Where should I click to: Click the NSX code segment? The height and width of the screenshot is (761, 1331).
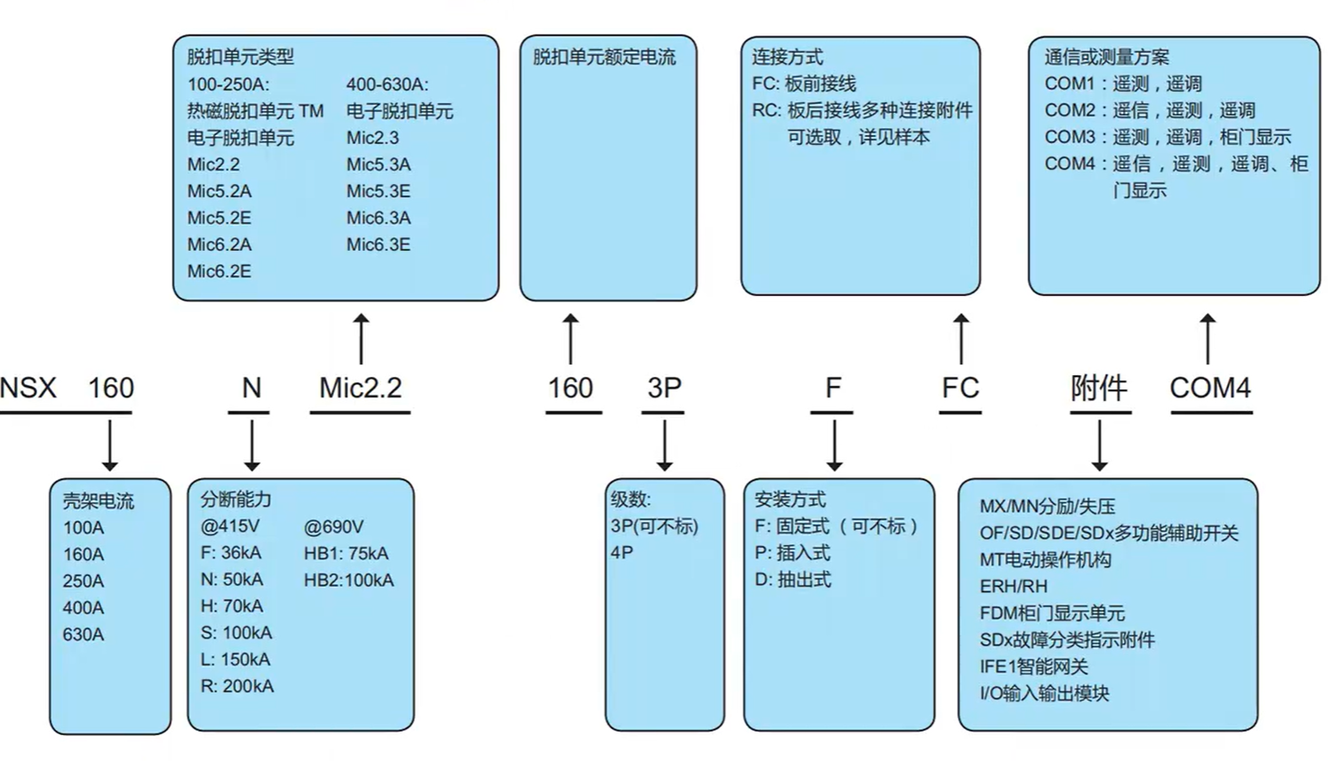click(28, 389)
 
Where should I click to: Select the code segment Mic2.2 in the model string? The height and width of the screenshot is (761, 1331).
click(360, 389)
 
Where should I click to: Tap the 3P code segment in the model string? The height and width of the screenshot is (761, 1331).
click(663, 389)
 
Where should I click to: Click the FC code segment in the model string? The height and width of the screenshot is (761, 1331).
click(960, 389)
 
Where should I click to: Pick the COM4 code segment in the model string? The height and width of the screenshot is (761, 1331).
click(1209, 389)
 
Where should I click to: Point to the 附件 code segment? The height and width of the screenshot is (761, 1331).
click(1099, 389)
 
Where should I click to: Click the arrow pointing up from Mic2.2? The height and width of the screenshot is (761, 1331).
click(361, 338)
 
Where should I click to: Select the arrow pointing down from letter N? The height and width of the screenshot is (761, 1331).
click(251, 445)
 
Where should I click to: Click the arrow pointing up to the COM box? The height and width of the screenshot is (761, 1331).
click(1207, 338)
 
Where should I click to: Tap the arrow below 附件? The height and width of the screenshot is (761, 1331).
click(1099, 445)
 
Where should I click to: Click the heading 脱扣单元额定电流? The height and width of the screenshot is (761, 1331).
click(604, 58)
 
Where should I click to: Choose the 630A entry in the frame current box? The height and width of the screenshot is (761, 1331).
click(84, 635)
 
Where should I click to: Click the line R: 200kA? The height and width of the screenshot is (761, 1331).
click(237, 686)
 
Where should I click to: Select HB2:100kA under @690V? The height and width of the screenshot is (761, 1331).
click(348, 581)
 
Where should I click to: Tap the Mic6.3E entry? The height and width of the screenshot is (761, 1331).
click(379, 244)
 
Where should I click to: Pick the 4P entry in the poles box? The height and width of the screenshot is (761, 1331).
click(622, 553)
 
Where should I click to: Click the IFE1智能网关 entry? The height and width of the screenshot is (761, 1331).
click(1033, 667)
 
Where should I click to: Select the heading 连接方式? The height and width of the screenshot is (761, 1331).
click(787, 58)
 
